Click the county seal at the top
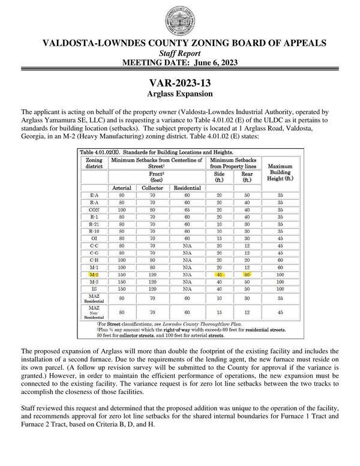(179, 19)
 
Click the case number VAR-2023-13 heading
(179, 83)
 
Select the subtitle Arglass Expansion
(179, 94)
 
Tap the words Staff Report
(179, 53)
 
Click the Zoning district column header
(95, 163)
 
